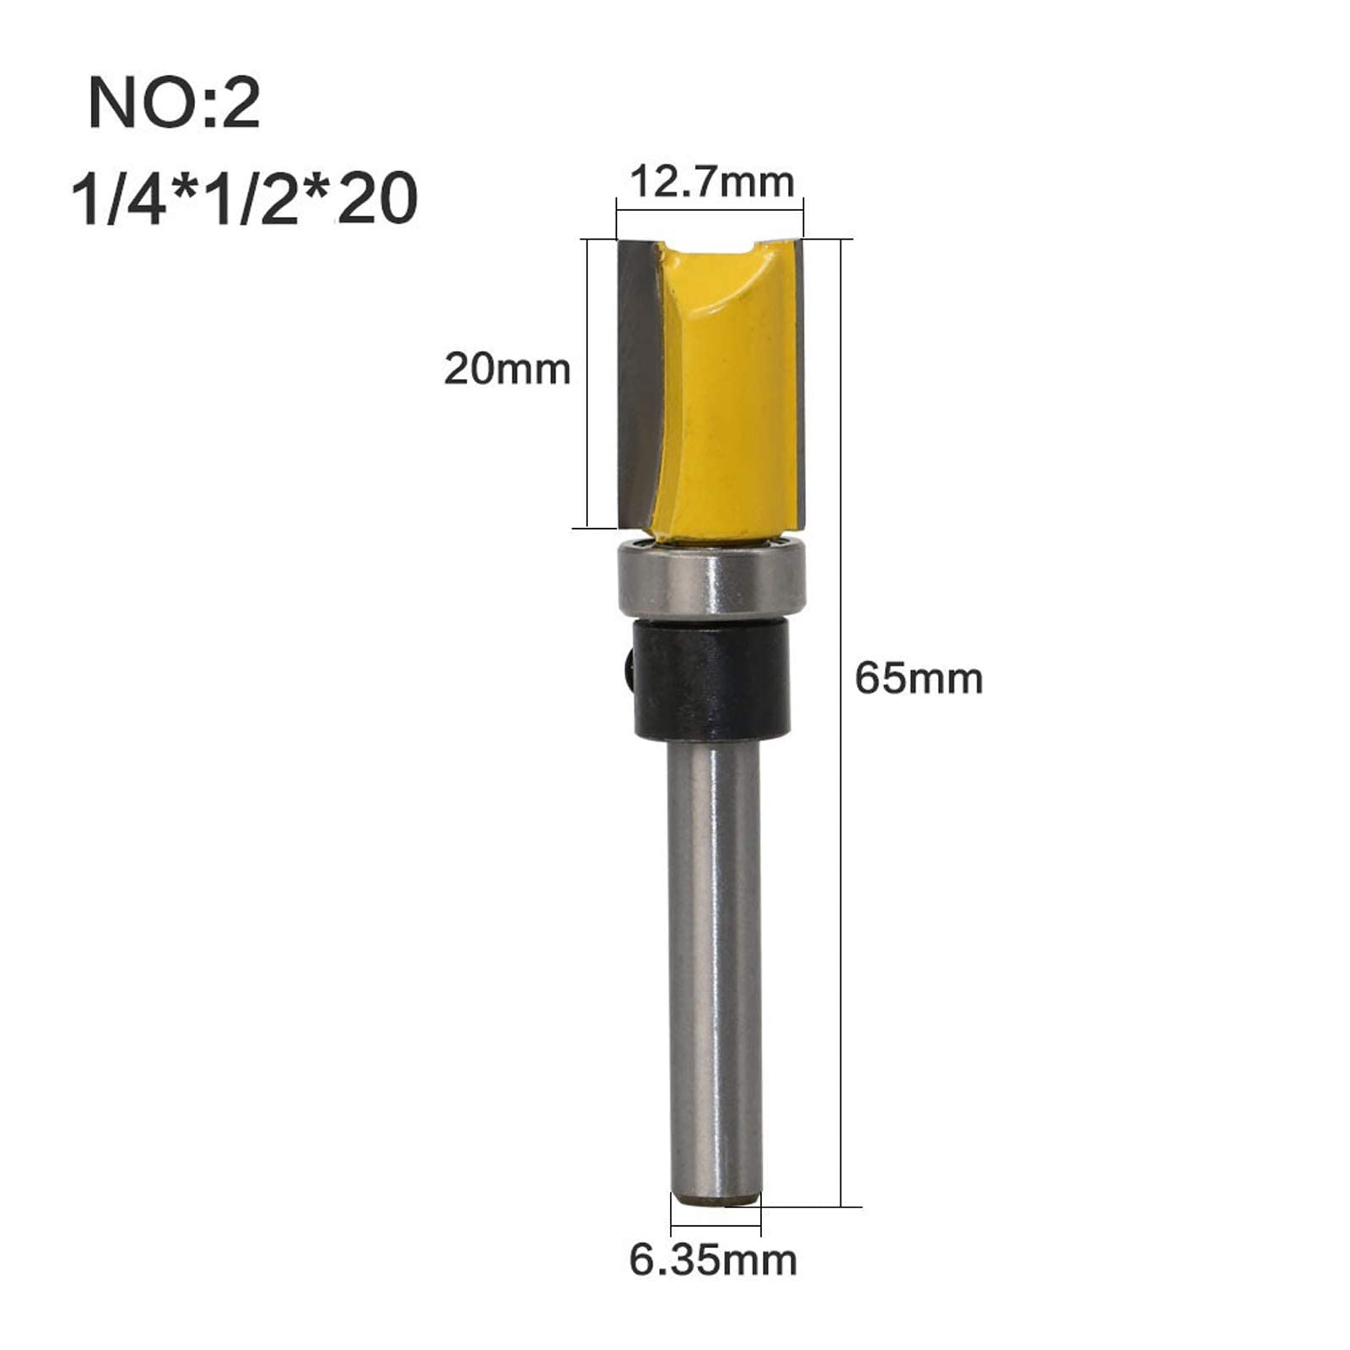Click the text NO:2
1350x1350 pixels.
[x=174, y=103]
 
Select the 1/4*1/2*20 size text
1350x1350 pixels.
[x=245, y=199]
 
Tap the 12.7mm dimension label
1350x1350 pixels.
[x=712, y=181]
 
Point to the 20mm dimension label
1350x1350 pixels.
[x=507, y=369]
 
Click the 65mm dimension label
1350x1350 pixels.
[x=919, y=678]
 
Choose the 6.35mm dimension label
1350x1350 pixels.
[x=713, y=1260]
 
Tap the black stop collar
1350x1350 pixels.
[x=710, y=680]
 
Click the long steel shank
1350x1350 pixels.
[x=714, y=970]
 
